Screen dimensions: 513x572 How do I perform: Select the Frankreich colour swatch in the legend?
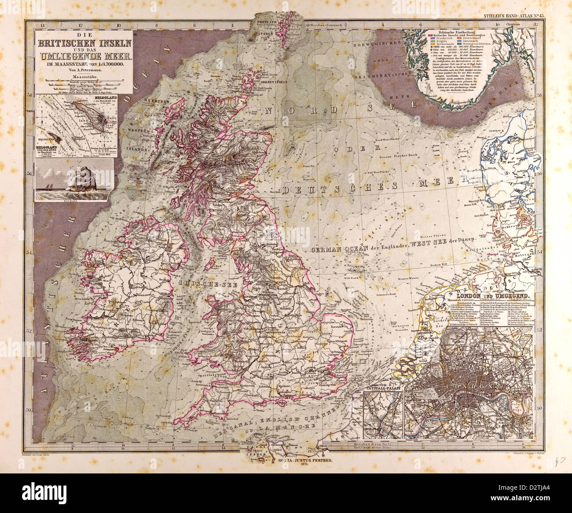(432, 38)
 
